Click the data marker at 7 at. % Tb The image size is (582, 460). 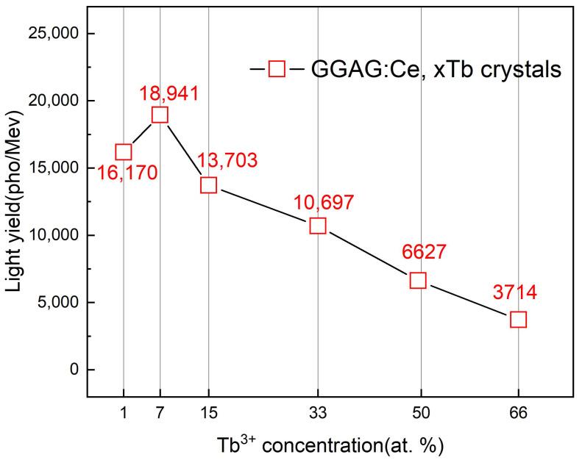click(x=160, y=115)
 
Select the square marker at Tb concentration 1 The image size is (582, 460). click(x=124, y=152)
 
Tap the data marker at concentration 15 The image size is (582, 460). click(x=209, y=184)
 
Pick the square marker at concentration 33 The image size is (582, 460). click(x=318, y=226)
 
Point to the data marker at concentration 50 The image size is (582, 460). click(x=418, y=280)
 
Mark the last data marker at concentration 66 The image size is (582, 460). click(x=519, y=319)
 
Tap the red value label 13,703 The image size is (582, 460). click(x=227, y=160)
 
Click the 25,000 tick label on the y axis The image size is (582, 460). click(x=53, y=34)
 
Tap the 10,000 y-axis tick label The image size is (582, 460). click(x=53, y=235)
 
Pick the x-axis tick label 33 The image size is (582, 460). click(x=318, y=414)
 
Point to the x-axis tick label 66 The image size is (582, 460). click(x=519, y=414)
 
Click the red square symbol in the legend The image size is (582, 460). click(x=277, y=70)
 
